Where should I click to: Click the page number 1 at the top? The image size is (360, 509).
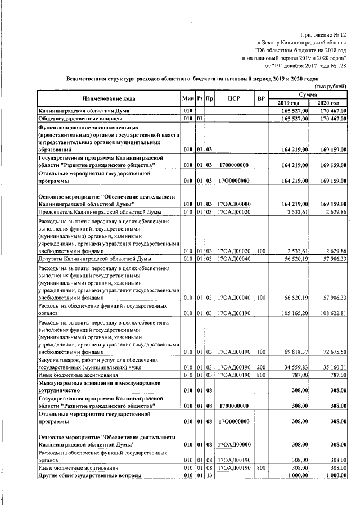coord(192,24)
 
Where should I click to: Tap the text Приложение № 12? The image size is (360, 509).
coord(323,35)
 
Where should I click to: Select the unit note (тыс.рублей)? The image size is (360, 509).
coord(330,85)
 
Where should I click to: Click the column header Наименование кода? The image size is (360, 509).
coord(109,98)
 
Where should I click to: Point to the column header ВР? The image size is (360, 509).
coord(260,98)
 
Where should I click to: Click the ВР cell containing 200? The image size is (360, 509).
coord(260,366)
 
